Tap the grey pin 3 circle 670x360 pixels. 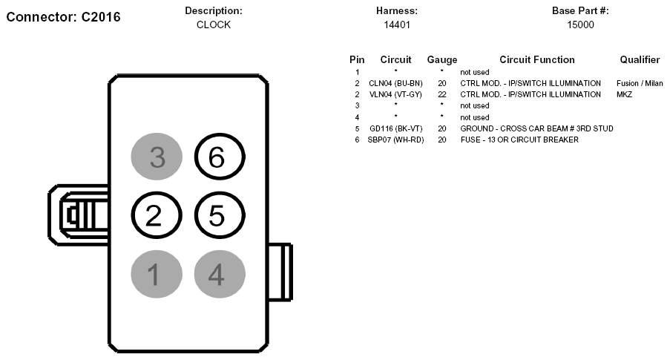157,157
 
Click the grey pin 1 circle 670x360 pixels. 157,274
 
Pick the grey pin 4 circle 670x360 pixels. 220,274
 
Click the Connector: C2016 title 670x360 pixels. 63,17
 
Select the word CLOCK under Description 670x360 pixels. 214,24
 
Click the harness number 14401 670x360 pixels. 397,24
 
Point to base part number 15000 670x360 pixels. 580,24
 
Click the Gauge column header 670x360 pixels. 442,60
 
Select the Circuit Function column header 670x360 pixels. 537,60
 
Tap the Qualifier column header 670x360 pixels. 640,60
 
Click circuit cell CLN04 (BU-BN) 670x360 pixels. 395,83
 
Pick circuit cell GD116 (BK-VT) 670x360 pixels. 395,128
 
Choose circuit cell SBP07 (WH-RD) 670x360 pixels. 395,140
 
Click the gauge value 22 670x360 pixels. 442,94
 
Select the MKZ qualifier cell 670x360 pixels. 624,94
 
